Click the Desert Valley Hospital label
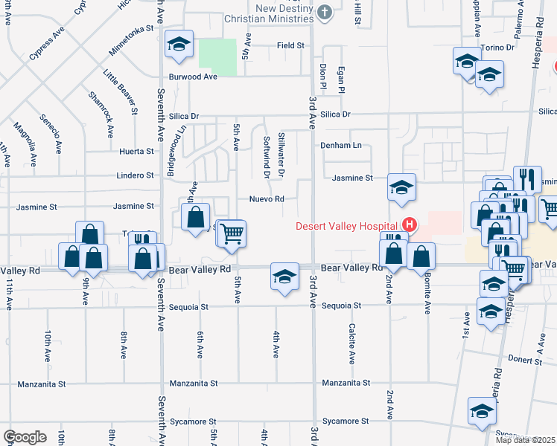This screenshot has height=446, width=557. point(346,226)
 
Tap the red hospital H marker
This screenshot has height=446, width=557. point(409,224)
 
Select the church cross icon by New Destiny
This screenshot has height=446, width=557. point(324,12)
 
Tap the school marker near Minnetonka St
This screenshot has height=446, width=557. point(179,45)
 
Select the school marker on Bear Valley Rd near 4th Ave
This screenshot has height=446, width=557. point(284,277)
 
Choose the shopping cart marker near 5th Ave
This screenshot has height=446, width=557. point(232,233)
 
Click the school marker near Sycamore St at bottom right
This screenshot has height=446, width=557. point(482,410)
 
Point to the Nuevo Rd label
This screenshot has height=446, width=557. point(267,199)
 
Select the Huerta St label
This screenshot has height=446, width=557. point(136,151)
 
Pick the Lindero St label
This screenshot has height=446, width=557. point(135,175)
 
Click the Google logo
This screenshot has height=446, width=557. point(25,437)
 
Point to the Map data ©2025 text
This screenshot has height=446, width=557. point(525,440)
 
